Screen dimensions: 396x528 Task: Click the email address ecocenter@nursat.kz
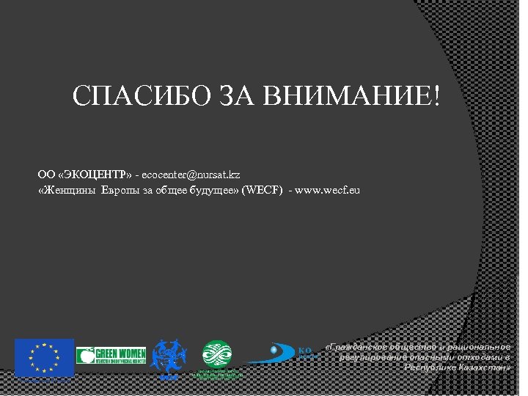pos(191,175)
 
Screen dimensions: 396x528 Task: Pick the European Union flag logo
pos(45,357)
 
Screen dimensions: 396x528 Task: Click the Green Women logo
pos(111,356)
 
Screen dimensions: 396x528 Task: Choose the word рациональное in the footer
pos(476,345)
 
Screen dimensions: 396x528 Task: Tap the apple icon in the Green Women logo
pos(85,356)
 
